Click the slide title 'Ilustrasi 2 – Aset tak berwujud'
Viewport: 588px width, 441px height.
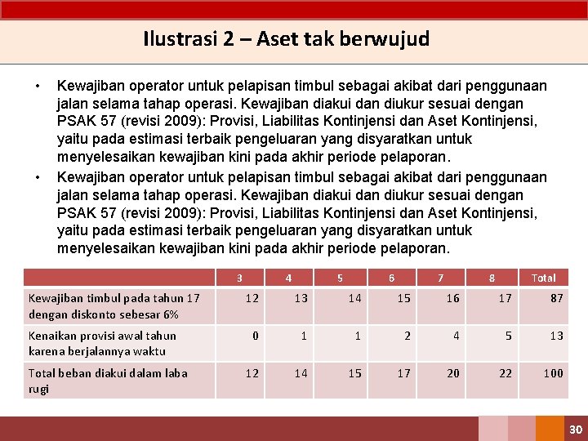[286, 39]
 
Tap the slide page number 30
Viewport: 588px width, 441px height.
[575, 429]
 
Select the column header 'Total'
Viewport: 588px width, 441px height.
[543, 278]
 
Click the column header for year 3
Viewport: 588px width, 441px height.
[239, 278]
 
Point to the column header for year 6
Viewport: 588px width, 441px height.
[391, 278]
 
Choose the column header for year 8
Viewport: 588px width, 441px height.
[492, 278]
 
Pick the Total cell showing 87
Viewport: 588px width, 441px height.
[556, 298]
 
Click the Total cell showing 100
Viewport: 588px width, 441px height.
[554, 373]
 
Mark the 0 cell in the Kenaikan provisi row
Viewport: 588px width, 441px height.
[256, 336]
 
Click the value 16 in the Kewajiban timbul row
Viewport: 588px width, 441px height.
[452, 298]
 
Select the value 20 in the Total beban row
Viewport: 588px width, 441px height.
[452, 373]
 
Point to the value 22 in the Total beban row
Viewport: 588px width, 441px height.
[506, 373]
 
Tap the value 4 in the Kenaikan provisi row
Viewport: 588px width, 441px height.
[457, 336]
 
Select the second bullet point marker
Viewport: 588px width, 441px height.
[37, 178]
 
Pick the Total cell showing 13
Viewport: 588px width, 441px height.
[556, 336]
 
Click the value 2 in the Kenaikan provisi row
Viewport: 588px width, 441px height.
[408, 336]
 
